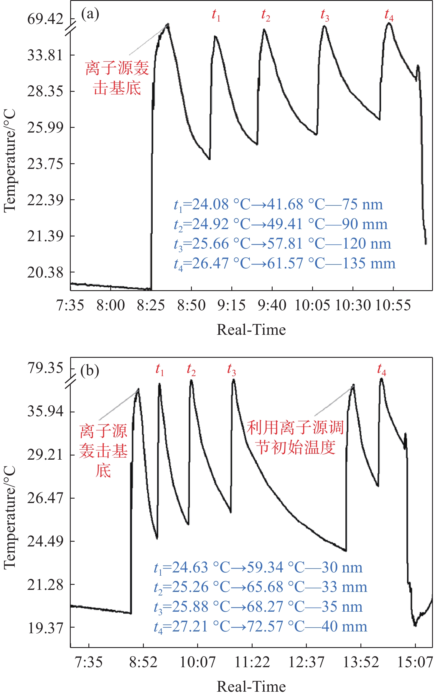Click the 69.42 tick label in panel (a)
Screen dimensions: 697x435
[x=45, y=19]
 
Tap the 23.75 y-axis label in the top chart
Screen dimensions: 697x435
[x=45, y=164]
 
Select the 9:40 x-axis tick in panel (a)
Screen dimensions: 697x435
[x=272, y=305]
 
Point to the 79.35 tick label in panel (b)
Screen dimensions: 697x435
[x=45, y=368]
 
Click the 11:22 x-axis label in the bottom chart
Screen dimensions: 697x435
[x=252, y=662]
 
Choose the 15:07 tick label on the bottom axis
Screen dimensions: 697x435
[x=415, y=662]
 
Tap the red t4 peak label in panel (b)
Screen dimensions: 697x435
[x=381, y=370]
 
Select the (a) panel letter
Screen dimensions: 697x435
[x=90, y=14]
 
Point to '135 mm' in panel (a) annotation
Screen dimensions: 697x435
[x=369, y=263]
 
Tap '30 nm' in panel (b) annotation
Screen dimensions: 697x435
[x=342, y=567]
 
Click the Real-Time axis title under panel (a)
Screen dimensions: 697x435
[x=251, y=330]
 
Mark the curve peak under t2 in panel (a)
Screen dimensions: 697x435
[x=264, y=30]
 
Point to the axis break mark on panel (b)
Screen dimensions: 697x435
[x=71, y=383]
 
